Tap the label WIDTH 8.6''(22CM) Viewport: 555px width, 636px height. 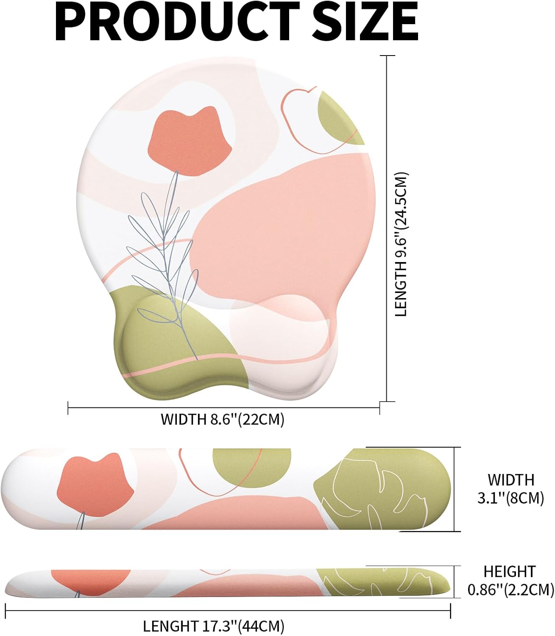223,419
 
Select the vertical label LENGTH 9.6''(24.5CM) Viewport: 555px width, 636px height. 401,244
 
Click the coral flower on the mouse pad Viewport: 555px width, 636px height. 190,142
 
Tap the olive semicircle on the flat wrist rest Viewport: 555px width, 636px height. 252,466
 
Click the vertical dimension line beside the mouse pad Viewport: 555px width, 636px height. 387,229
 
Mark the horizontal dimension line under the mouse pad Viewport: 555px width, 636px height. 223,407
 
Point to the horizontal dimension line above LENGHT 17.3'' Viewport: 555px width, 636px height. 228,611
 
